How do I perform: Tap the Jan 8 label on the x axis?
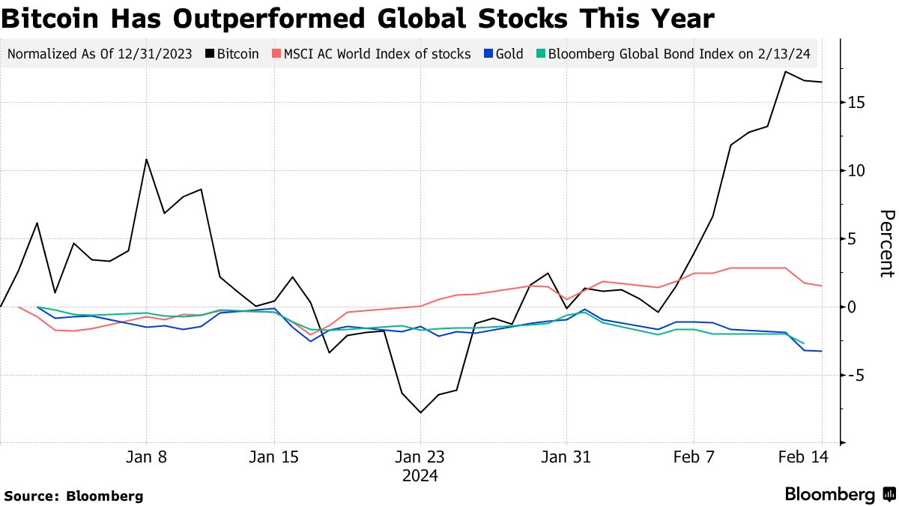coord(146,457)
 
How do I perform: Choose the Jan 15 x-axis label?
coord(273,457)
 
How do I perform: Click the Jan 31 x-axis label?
coord(566,457)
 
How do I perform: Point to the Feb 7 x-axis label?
coord(694,457)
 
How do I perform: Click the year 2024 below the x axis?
coord(420,475)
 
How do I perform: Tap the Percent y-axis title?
coord(886,244)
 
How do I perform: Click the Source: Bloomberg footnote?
coord(73,496)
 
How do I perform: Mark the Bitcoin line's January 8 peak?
coord(146,159)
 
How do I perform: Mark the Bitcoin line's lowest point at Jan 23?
coord(420,412)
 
